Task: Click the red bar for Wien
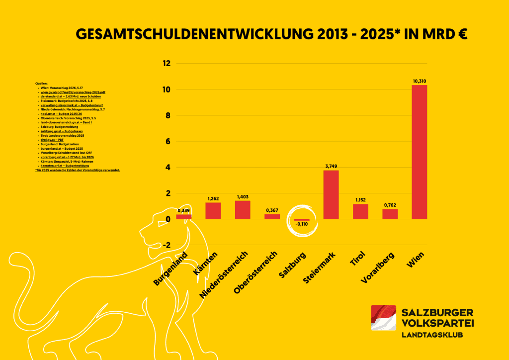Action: (420, 152)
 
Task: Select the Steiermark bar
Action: (331, 194)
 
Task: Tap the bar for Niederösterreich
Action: (243, 209)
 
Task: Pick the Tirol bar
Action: (360, 211)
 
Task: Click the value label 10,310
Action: (420, 81)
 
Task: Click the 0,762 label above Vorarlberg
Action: (390, 205)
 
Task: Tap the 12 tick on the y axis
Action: (167, 64)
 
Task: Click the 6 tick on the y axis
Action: (168, 141)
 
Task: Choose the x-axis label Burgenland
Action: (170, 269)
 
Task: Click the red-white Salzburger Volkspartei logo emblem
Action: (383, 318)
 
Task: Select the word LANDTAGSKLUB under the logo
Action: (432, 335)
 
